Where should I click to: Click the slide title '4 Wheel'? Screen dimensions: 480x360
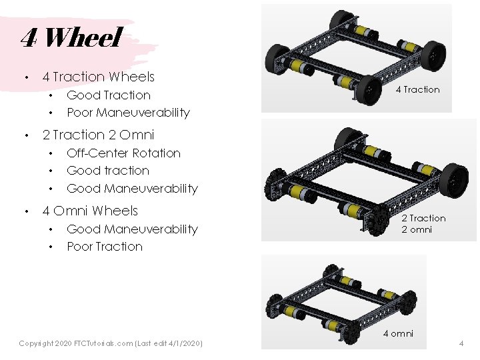click(x=71, y=38)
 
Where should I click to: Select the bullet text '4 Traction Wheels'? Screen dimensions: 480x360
click(x=98, y=77)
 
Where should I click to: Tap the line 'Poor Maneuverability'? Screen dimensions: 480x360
click(x=128, y=112)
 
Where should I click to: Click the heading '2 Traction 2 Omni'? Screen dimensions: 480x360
click(x=98, y=135)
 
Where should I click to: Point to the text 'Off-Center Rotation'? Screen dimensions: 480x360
click(x=123, y=153)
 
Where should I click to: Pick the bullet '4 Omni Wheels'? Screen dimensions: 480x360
click(x=90, y=211)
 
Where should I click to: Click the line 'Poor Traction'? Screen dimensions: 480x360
click(x=105, y=246)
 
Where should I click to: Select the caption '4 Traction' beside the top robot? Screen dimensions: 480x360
click(x=417, y=89)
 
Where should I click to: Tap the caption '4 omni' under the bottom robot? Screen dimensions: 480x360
click(x=397, y=333)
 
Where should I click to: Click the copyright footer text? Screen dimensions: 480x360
click(x=111, y=343)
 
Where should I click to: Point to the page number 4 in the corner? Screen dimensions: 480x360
click(x=461, y=343)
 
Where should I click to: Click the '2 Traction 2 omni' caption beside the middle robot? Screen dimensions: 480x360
click(x=423, y=224)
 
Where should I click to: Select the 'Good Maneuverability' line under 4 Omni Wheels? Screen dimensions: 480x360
click(x=132, y=229)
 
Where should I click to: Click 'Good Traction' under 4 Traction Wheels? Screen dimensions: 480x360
click(x=109, y=95)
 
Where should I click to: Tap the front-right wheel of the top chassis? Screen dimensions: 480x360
click(x=368, y=90)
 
